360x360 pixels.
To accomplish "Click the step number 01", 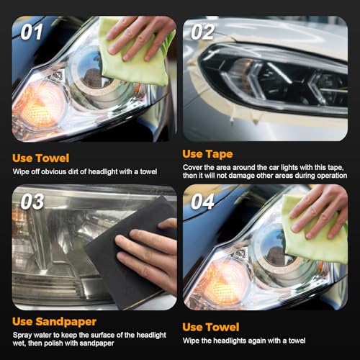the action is pos(32,32).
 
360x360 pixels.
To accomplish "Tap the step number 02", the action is pos(202,32).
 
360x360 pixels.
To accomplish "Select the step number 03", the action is pos(32,202).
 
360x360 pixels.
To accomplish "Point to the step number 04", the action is pos(202,202).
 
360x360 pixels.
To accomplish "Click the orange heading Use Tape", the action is pos(207,154).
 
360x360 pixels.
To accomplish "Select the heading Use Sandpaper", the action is pos(54,322).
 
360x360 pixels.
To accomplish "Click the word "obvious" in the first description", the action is pos(53,172).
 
